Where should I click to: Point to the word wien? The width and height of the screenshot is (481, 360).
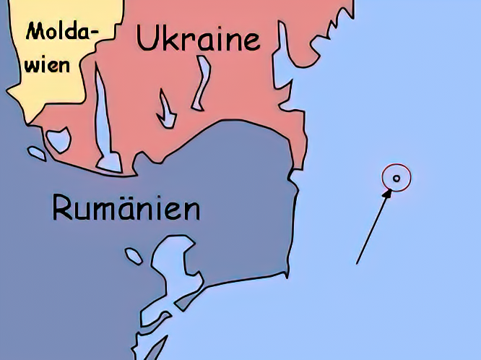pyautogui.click(x=49, y=65)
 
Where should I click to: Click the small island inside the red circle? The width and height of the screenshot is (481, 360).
pyautogui.click(x=396, y=178)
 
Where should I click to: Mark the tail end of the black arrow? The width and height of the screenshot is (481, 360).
pyautogui.click(x=357, y=263)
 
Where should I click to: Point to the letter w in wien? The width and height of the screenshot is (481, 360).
pyautogui.click(x=35, y=66)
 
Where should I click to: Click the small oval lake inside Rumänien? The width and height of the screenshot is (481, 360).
pyautogui.click(x=134, y=255)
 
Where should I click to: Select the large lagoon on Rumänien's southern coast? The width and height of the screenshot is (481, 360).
pyautogui.click(x=173, y=264)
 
